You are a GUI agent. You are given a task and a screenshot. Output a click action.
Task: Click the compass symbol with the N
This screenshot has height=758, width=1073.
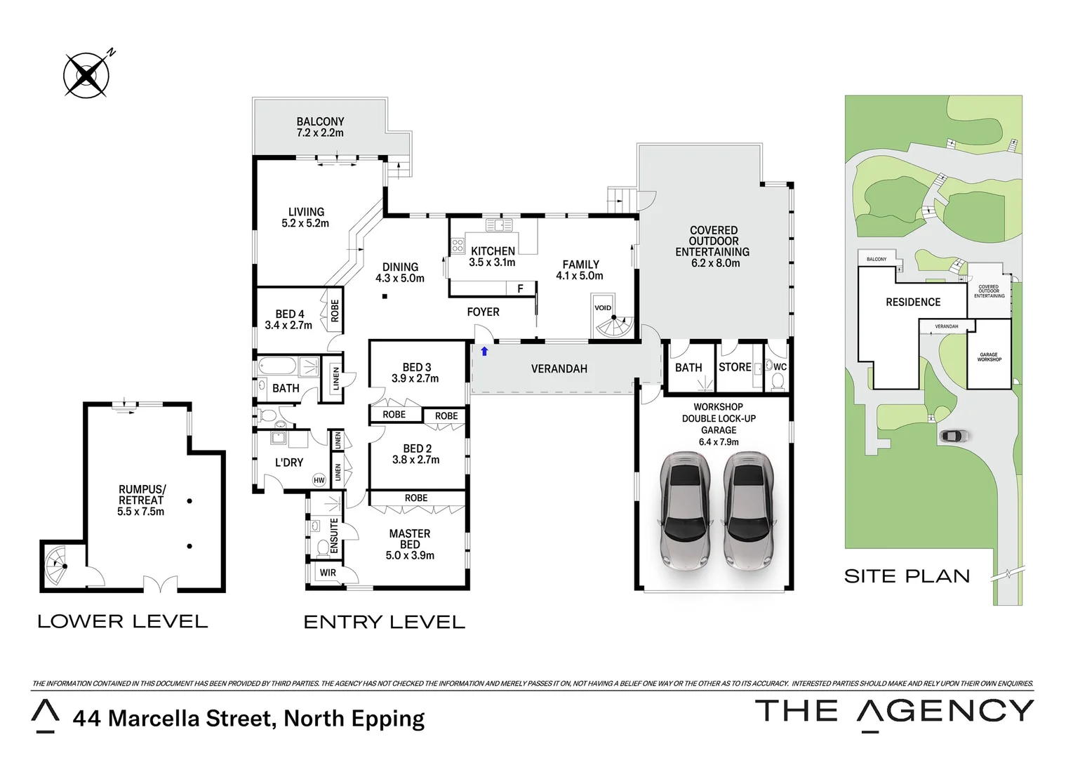pyautogui.click(x=86, y=75)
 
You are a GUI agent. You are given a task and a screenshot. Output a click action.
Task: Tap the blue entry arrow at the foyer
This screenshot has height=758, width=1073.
pyautogui.click(x=484, y=351)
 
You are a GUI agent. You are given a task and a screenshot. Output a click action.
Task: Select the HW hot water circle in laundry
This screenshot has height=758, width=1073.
pyautogui.click(x=319, y=480)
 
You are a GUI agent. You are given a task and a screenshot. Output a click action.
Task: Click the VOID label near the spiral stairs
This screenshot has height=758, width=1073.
pyautogui.click(x=603, y=307)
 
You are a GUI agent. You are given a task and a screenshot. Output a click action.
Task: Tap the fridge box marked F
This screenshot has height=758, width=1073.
pyautogui.click(x=520, y=288)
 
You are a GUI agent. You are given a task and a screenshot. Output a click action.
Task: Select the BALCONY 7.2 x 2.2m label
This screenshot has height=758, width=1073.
pyautogui.click(x=320, y=127)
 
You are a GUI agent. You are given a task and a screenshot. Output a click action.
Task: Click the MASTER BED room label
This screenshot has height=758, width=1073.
pyautogui.click(x=410, y=539)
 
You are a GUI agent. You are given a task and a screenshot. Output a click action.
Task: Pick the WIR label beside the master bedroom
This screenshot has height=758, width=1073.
pyautogui.click(x=328, y=573)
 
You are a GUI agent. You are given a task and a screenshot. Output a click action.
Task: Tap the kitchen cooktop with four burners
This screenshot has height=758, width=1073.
pyautogui.click(x=458, y=246)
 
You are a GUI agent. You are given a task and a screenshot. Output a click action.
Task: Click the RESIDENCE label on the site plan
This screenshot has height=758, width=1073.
pyautogui.click(x=913, y=302)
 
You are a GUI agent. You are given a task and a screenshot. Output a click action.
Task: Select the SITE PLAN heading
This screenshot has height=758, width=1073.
pyautogui.click(x=907, y=576)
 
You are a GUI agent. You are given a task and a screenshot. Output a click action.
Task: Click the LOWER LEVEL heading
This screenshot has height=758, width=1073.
pyautogui.click(x=123, y=621)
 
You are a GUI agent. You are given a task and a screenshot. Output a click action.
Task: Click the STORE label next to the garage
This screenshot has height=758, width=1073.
pyautogui.click(x=735, y=367)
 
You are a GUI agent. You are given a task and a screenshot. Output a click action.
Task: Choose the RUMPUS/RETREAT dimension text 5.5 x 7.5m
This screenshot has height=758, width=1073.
pyautogui.click(x=141, y=512)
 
